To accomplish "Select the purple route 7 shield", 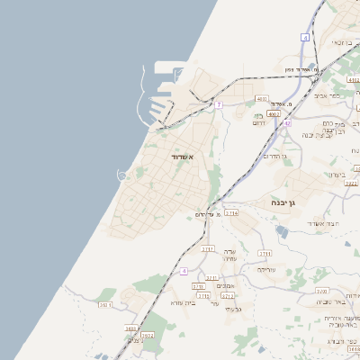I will [x=218, y=104].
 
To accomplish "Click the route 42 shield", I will [x=286, y=123].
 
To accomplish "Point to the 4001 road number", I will [x=261, y=98].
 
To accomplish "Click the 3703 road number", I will [x=198, y=286].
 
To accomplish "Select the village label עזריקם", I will [x=266, y=269].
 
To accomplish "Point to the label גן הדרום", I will [x=274, y=157].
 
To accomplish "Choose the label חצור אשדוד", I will [x=320, y=223].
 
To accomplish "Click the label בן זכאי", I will [x=342, y=42].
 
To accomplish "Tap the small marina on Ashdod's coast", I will [x=121, y=175].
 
